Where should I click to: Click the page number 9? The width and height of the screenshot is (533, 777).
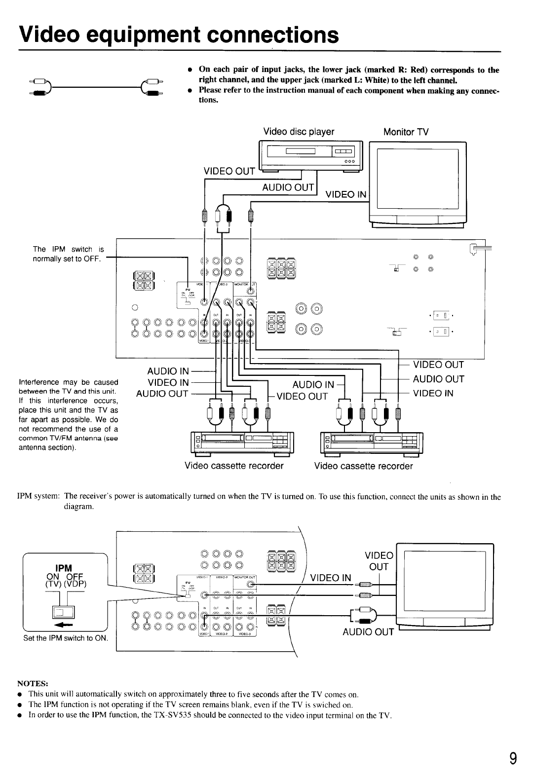(x=513, y=757)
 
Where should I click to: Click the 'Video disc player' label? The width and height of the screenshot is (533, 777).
(x=299, y=132)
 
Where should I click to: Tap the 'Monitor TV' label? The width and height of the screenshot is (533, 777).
(x=406, y=132)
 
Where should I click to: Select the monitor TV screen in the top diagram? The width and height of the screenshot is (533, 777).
(x=418, y=179)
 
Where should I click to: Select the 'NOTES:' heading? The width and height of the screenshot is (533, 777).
(x=33, y=683)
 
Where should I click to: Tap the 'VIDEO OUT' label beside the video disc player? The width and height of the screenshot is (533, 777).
(x=229, y=171)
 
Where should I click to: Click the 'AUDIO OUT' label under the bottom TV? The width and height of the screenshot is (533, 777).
(x=368, y=632)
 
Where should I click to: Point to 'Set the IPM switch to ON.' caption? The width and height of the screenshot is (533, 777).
(x=66, y=638)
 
